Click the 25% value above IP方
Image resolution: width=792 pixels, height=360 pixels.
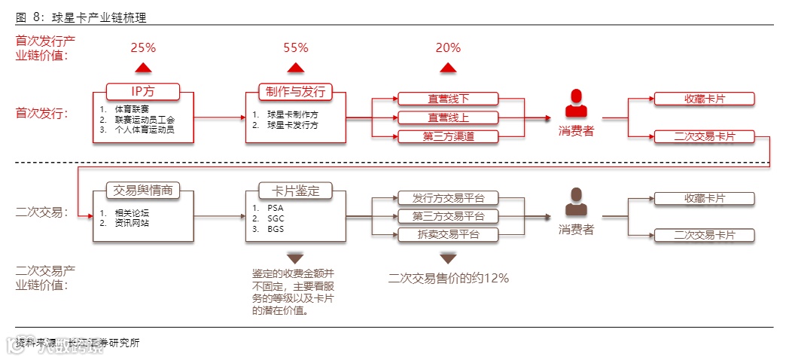click(x=143, y=48)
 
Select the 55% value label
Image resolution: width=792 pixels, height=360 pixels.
click(x=296, y=48)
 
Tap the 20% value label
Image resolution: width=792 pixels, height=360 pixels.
click(x=448, y=48)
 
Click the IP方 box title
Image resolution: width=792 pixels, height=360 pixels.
click(x=143, y=92)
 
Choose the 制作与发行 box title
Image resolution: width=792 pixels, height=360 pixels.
click(x=296, y=92)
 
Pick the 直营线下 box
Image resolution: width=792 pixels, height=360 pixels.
click(x=448, y=99)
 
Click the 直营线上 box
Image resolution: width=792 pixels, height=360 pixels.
click(x=448, y=117)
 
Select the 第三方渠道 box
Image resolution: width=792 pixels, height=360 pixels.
click(x=448, y=136)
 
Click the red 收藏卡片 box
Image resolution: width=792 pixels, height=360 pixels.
click(x=704, y=99)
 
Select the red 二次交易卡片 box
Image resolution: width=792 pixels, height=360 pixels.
click(x=704, y=136)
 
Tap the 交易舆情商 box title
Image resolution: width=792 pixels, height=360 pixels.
click(x=143, y=191)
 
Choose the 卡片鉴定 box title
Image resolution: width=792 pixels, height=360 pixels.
click(x=296, y=191)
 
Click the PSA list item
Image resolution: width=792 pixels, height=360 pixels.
click(x=275, y=207)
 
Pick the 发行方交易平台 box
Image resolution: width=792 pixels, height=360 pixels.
click(x=448, y=198)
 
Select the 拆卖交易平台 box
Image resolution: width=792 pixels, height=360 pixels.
click(x=448, y=234)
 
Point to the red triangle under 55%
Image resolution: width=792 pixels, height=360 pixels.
click(x=296, y=69)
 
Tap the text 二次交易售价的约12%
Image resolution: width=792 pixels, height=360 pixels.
click(x=449, y=278)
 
